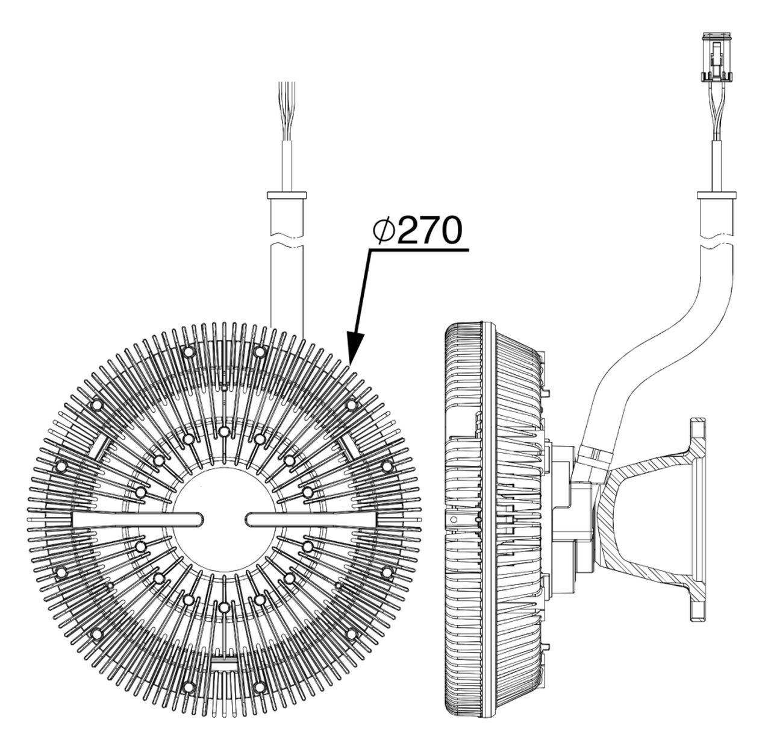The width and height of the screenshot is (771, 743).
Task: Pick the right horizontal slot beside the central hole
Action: pos(307,518)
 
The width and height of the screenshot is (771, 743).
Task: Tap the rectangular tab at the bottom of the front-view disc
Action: pos(223,663)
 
